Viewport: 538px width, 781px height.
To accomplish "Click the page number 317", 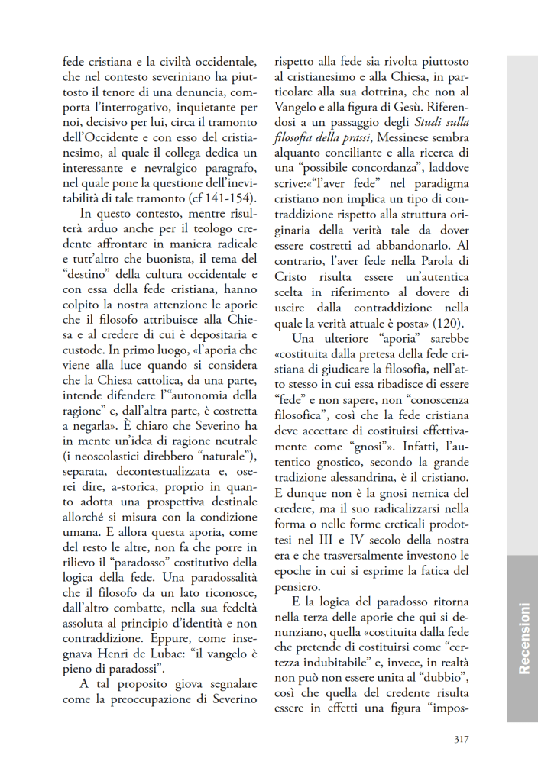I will [460, 738].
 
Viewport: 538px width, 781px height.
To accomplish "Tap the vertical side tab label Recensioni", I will [523, 638].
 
